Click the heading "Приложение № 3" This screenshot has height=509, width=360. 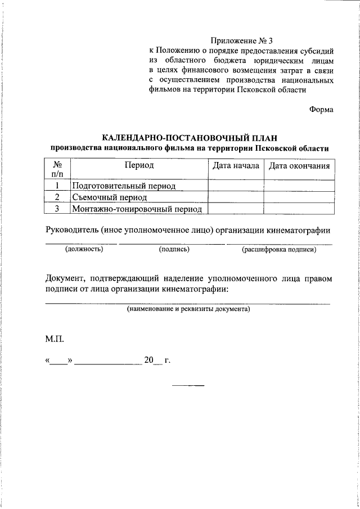tap(241, 41)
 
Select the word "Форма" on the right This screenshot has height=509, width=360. tap(321, 109)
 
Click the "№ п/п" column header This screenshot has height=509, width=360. tap(57, 170)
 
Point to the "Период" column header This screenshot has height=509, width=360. tap(139, 165)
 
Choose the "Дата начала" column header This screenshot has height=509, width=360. tap(236, 166)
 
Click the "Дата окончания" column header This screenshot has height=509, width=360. tap(299, 166)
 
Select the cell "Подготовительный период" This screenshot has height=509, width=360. tap(124, 186)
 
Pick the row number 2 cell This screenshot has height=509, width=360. tap(57, 197)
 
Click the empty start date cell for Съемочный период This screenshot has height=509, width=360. tap(236, 197)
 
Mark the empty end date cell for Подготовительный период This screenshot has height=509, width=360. tap(299, 186)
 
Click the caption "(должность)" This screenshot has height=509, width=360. tap(84, 249)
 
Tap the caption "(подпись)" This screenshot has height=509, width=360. tap(174, 249)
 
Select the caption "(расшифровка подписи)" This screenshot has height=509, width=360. tap(279, 249)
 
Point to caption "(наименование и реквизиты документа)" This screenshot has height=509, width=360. tap(188, 309)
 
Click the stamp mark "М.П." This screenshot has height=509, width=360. tap(55, 340)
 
